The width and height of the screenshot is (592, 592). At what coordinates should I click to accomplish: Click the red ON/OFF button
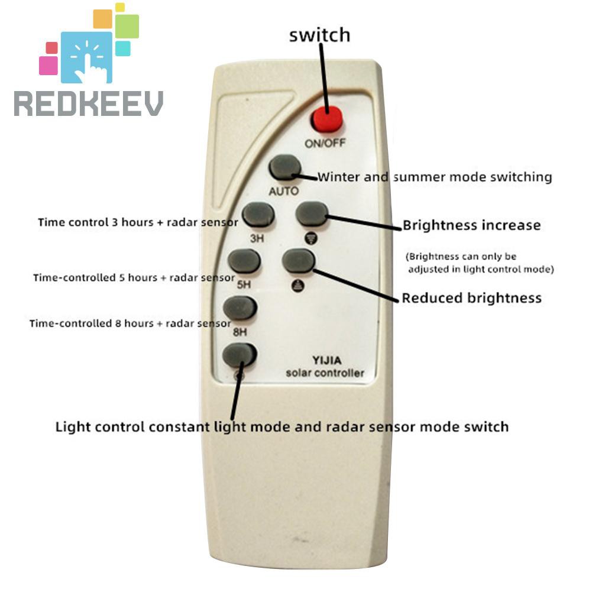(x=327, y=118)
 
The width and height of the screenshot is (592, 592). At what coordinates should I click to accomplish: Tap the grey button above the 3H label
(x=258, y=214)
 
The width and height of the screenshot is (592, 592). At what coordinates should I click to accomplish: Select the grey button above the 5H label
(x=244, y=261)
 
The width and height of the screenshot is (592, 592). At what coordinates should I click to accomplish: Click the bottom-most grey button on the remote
(x=239, y=355)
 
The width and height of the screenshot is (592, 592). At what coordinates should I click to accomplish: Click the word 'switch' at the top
(x=319, y=35)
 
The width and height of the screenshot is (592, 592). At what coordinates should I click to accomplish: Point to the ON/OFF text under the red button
(x=325, y=143)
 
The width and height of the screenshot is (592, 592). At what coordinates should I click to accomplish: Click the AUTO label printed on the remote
(x=284, y=192)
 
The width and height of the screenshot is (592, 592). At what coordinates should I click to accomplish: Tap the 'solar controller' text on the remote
(x=325, y=373)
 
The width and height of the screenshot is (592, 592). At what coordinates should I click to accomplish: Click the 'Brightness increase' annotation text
(x=471, y=225)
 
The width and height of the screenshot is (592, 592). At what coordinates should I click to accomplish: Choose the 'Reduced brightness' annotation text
(x=471, y=297)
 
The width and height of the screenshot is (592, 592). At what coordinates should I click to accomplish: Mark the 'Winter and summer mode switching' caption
(x=435, y=177)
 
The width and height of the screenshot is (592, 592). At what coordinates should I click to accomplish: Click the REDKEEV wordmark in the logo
(x=89, y=103)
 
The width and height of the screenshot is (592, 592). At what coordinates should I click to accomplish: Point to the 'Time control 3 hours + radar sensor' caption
(x=138, y=223)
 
